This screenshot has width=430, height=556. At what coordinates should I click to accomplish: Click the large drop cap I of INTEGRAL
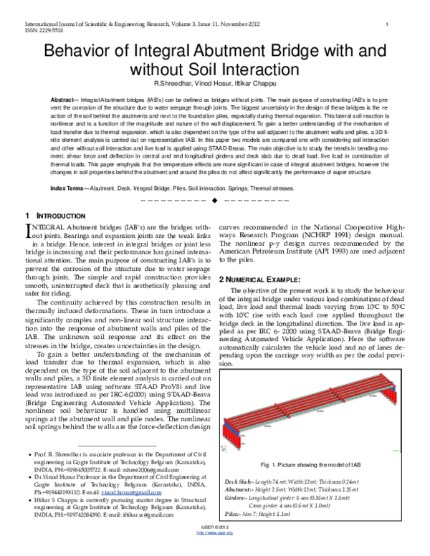[29, 230]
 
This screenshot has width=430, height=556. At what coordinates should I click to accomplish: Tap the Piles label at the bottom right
[234, 514]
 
